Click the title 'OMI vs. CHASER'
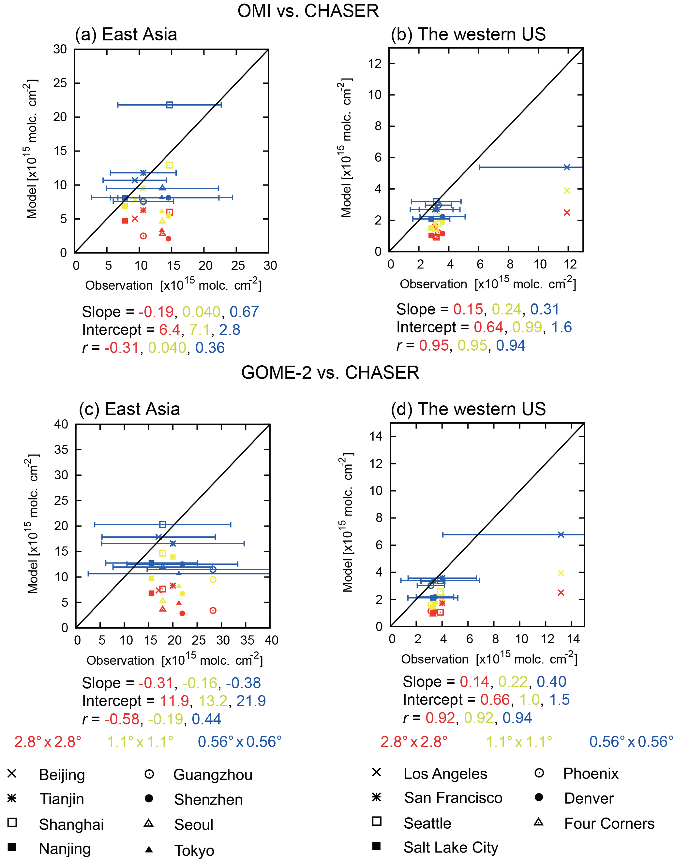pos(308,11)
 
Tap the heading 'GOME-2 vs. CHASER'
pos(330,372)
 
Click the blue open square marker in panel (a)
pos(170,105)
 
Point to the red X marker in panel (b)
pos(567,212)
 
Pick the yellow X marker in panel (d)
pos(561,573)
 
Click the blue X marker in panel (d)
pos(561,534)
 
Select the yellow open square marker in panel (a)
pos(170,165)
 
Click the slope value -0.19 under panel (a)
pos(156,312)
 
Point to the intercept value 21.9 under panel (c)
pos(251,701)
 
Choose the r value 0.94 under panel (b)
pos(511,345)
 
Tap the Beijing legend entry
pos(62,775)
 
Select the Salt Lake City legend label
pos(451,847)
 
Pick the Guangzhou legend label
pos(213,775)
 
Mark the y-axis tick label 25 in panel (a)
pos(60,83)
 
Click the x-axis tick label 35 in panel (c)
pos(247,640)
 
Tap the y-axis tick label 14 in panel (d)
pos(376,436)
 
